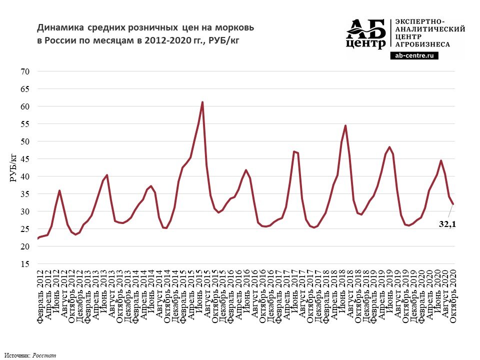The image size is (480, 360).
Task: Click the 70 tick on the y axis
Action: click(x=25, y=71)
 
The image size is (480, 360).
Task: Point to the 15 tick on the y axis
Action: click(x=25, y=264)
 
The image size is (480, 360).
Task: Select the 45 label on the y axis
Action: click(x=25, y=159)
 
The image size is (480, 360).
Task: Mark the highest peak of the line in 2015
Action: click(x=202, y=102)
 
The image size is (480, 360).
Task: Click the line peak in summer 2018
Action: click(x=345, y=125)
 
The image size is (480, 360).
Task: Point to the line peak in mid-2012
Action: click(x=59, y=190)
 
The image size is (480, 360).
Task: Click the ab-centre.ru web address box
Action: click(x=413, y=56)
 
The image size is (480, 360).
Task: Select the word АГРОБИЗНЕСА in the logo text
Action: click(x=422, y=44)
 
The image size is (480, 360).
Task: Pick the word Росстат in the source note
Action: click(x=44, y=355)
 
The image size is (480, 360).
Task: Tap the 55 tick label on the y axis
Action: click(x=25, y=124)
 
